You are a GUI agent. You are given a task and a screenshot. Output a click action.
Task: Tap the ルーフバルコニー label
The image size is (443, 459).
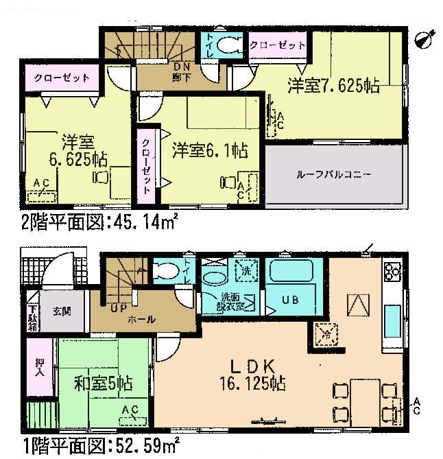pyautogui.click(x=335, y=174)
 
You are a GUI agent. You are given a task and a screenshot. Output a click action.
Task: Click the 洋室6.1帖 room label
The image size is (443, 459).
pyautogui.click(x=210, y=149)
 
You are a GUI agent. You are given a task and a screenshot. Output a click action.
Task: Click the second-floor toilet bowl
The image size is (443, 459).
pyautogui.click(x=227, y=47)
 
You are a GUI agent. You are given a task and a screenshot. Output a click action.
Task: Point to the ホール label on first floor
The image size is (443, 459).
pyautogui.click(x=141, y=320)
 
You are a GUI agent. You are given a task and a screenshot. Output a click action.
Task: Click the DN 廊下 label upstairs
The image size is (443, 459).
pyautogui.click(x=180, y=70)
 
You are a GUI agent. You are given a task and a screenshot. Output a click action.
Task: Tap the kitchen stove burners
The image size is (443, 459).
pyautogui.click(x=392, y=272)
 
